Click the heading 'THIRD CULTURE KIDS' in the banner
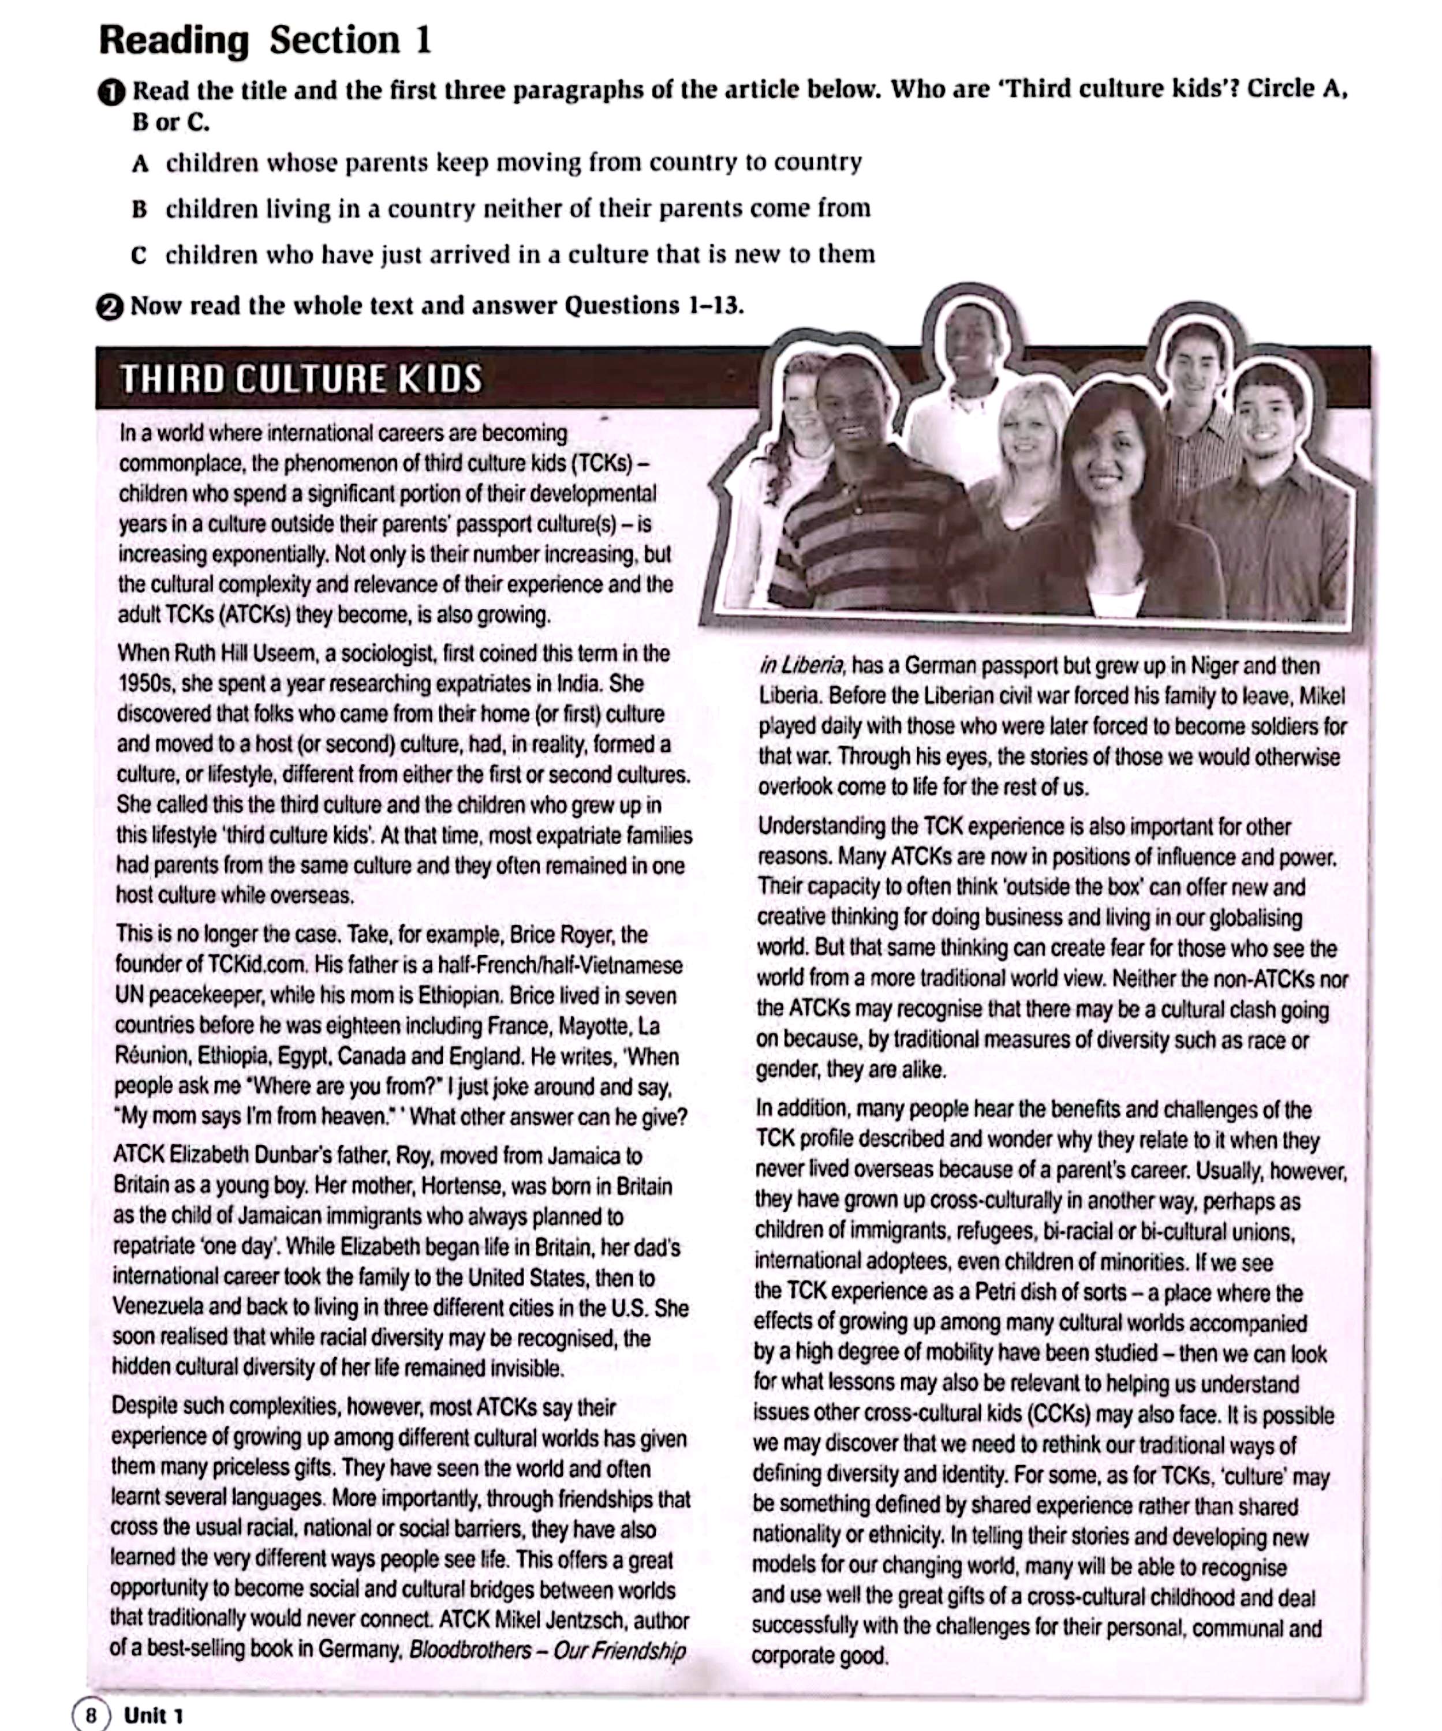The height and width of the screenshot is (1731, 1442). pyautogui.click(x=301, y=379)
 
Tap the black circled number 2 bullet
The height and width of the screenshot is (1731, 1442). pyautogui.click(x=110, y=306)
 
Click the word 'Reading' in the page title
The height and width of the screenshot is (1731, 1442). pyautogui.click(x=174, y=40)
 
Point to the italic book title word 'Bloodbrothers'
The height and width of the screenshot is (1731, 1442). pyautogui.click(x=470, y=1650)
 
